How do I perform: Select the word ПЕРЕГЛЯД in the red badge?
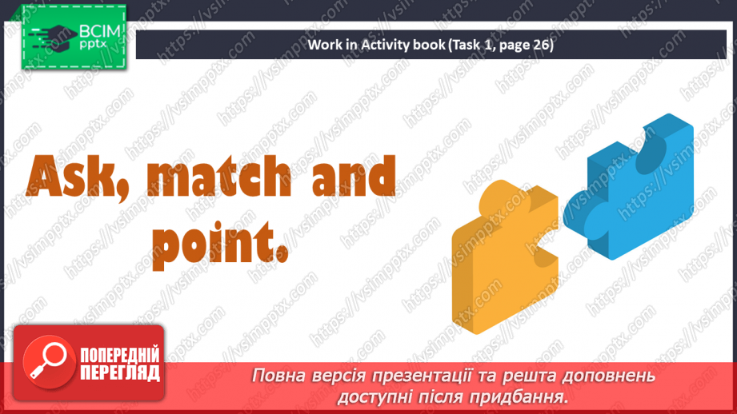click(120, 372)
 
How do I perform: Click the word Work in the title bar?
click(326, 46)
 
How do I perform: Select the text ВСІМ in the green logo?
click(99, 33)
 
